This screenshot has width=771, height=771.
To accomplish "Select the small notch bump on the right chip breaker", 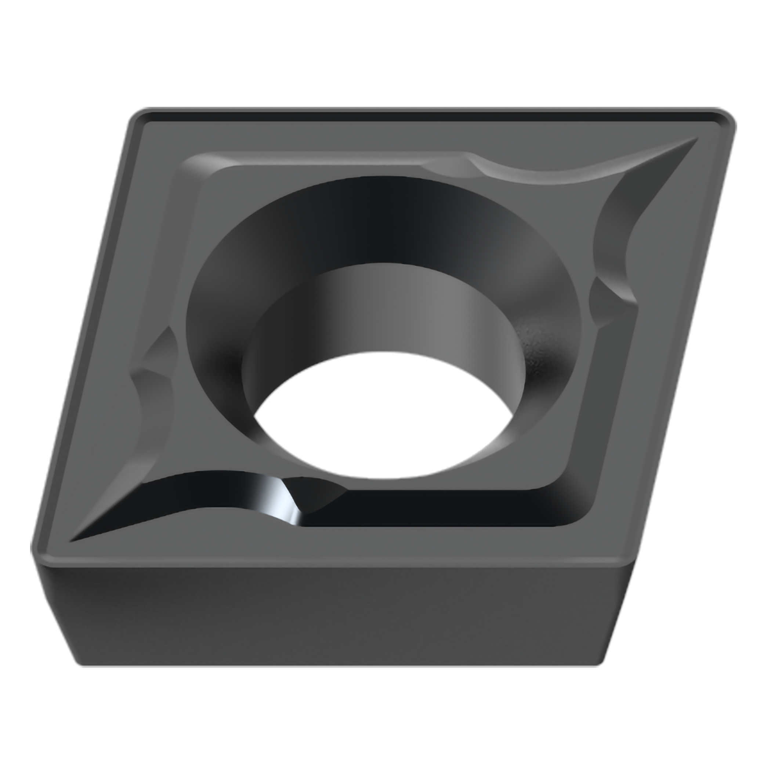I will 611,303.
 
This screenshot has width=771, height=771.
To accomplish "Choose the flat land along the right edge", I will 655,339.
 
